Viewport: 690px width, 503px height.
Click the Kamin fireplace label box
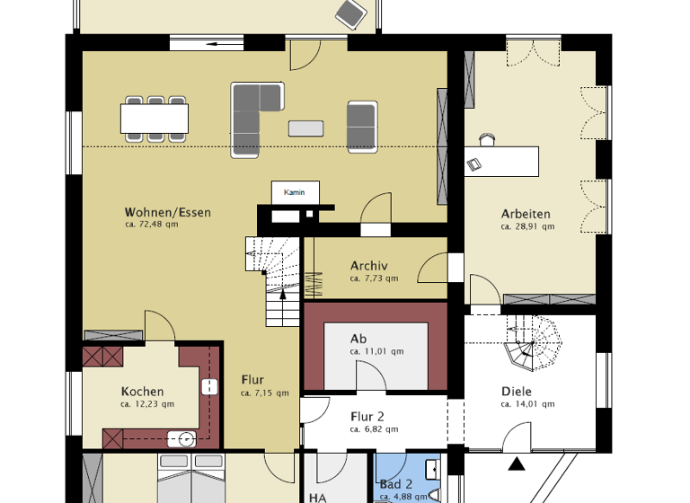click(x=296, y=192)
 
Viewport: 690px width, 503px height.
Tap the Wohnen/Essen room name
click(x=167, y=213)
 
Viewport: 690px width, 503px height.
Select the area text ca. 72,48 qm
click(x=152, y=225)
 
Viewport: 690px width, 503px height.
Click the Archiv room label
click(x=368, y=266)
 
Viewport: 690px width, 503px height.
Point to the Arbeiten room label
click(x=526, y=214)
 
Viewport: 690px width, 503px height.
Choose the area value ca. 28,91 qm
click(x=527, y=227)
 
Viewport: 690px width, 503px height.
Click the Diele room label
click(x=516, y=392)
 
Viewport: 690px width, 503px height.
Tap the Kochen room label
click(x=142, y=392)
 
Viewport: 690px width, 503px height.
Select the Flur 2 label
click(x=367, y=417)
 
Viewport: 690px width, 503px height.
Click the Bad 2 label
click(x=395, y=484)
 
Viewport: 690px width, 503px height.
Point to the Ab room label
click(x=358, y=339)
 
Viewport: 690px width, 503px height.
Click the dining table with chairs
click(x=155, y=119)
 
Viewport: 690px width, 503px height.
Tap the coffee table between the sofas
click(x=305, y=128)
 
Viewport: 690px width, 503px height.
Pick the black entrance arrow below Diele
click(x=517, y=464)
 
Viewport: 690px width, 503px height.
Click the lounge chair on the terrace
click(x=349, y=12)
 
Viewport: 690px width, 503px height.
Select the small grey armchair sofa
click(x=361, y=125)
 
